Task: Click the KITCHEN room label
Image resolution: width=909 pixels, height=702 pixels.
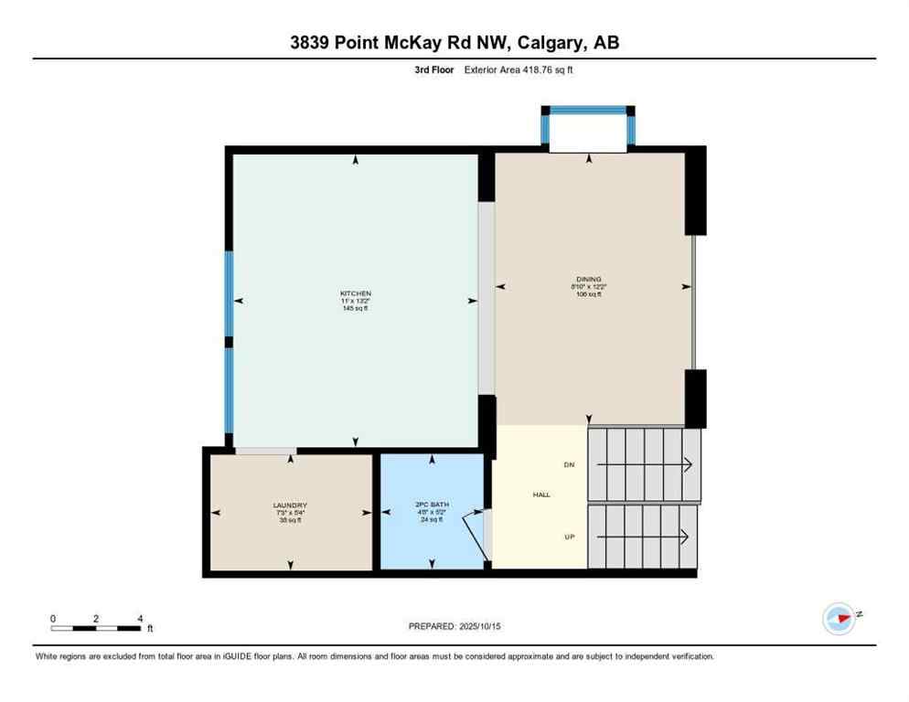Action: pyautogui.click(x=355, y=293)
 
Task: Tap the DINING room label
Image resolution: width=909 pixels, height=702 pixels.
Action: pyautogui.click(x=589, y=279)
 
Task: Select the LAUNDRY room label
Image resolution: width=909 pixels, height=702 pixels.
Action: pyautogui.click(x=290, y=505)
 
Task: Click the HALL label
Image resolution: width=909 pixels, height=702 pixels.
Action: pyautogui.click(x=541, y=495)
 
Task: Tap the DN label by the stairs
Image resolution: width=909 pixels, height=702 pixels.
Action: pyautogui.click(x=569, y=465)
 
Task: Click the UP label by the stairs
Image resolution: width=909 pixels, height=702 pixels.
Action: pyautogui.click(x=569, y=537)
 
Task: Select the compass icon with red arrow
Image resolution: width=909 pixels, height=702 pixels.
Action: pyautogui.click(x=839, y=619)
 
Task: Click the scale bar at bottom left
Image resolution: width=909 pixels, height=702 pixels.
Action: pyautogui.click(x=96, y=628)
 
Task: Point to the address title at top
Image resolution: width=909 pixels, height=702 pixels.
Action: pyautogui.click(x=454, y=42)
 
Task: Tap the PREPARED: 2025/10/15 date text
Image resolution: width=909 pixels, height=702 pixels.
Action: pyautogui.click(x=454, y=626)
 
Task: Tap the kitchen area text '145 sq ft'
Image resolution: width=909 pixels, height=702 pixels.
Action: pyautogui.click(x=355, y=308)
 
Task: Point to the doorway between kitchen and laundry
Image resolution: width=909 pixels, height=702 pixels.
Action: pyautogui.click(x=265, y=451)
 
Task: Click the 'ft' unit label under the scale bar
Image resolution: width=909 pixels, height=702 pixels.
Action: pyautogui.click(x=150, y=629)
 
